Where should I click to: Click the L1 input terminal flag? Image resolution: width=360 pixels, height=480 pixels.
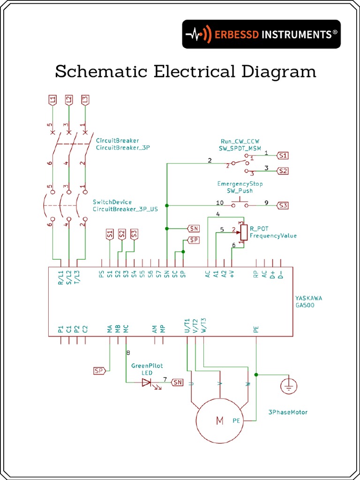52,99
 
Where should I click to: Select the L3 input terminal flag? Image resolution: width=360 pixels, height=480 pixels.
85,99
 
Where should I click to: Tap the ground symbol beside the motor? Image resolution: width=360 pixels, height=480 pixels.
289,386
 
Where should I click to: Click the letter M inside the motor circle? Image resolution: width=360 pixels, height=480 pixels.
219,421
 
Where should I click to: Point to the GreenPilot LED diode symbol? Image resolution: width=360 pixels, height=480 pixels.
147,382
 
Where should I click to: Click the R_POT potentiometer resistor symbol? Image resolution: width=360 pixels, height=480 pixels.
243,232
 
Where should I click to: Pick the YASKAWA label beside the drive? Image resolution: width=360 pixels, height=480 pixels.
308,298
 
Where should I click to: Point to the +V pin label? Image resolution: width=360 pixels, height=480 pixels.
232,275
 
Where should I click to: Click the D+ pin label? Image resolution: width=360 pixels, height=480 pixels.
272,275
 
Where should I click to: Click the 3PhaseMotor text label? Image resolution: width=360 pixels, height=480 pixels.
288,412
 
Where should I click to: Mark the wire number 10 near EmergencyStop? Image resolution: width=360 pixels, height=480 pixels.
219,203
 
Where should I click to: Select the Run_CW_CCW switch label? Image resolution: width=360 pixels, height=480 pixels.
240,141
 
